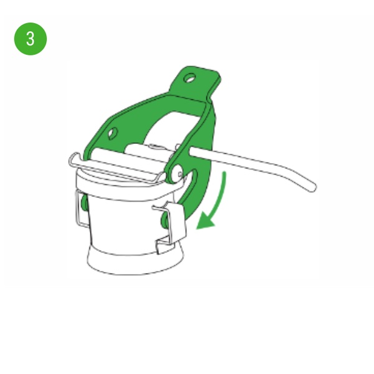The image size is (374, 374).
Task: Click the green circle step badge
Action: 31,39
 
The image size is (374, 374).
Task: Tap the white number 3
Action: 31,39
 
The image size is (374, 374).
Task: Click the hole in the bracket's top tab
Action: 190,79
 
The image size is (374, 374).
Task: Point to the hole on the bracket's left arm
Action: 113,133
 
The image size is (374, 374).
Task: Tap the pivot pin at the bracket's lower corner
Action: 176,174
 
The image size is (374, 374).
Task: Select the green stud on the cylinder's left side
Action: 84,203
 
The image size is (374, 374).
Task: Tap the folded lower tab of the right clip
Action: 165,245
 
